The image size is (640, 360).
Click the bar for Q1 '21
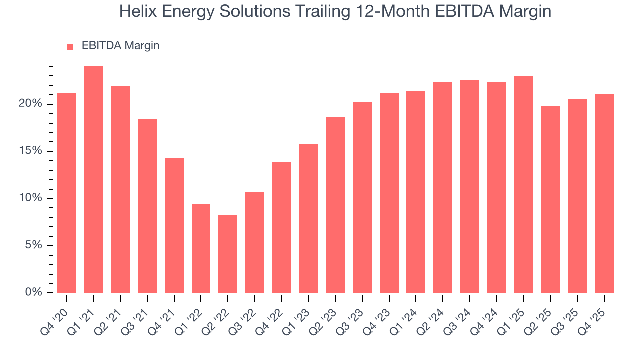tap(94, 180)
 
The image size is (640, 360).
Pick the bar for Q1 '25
tap(523, 184)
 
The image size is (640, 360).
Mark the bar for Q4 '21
tap(174, 225)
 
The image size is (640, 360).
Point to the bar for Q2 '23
tap(335, 205)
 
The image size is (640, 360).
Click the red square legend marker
tap(70, 46)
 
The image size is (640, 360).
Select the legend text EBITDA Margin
tap(120, 46)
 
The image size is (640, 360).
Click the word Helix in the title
tap(135, 11)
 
